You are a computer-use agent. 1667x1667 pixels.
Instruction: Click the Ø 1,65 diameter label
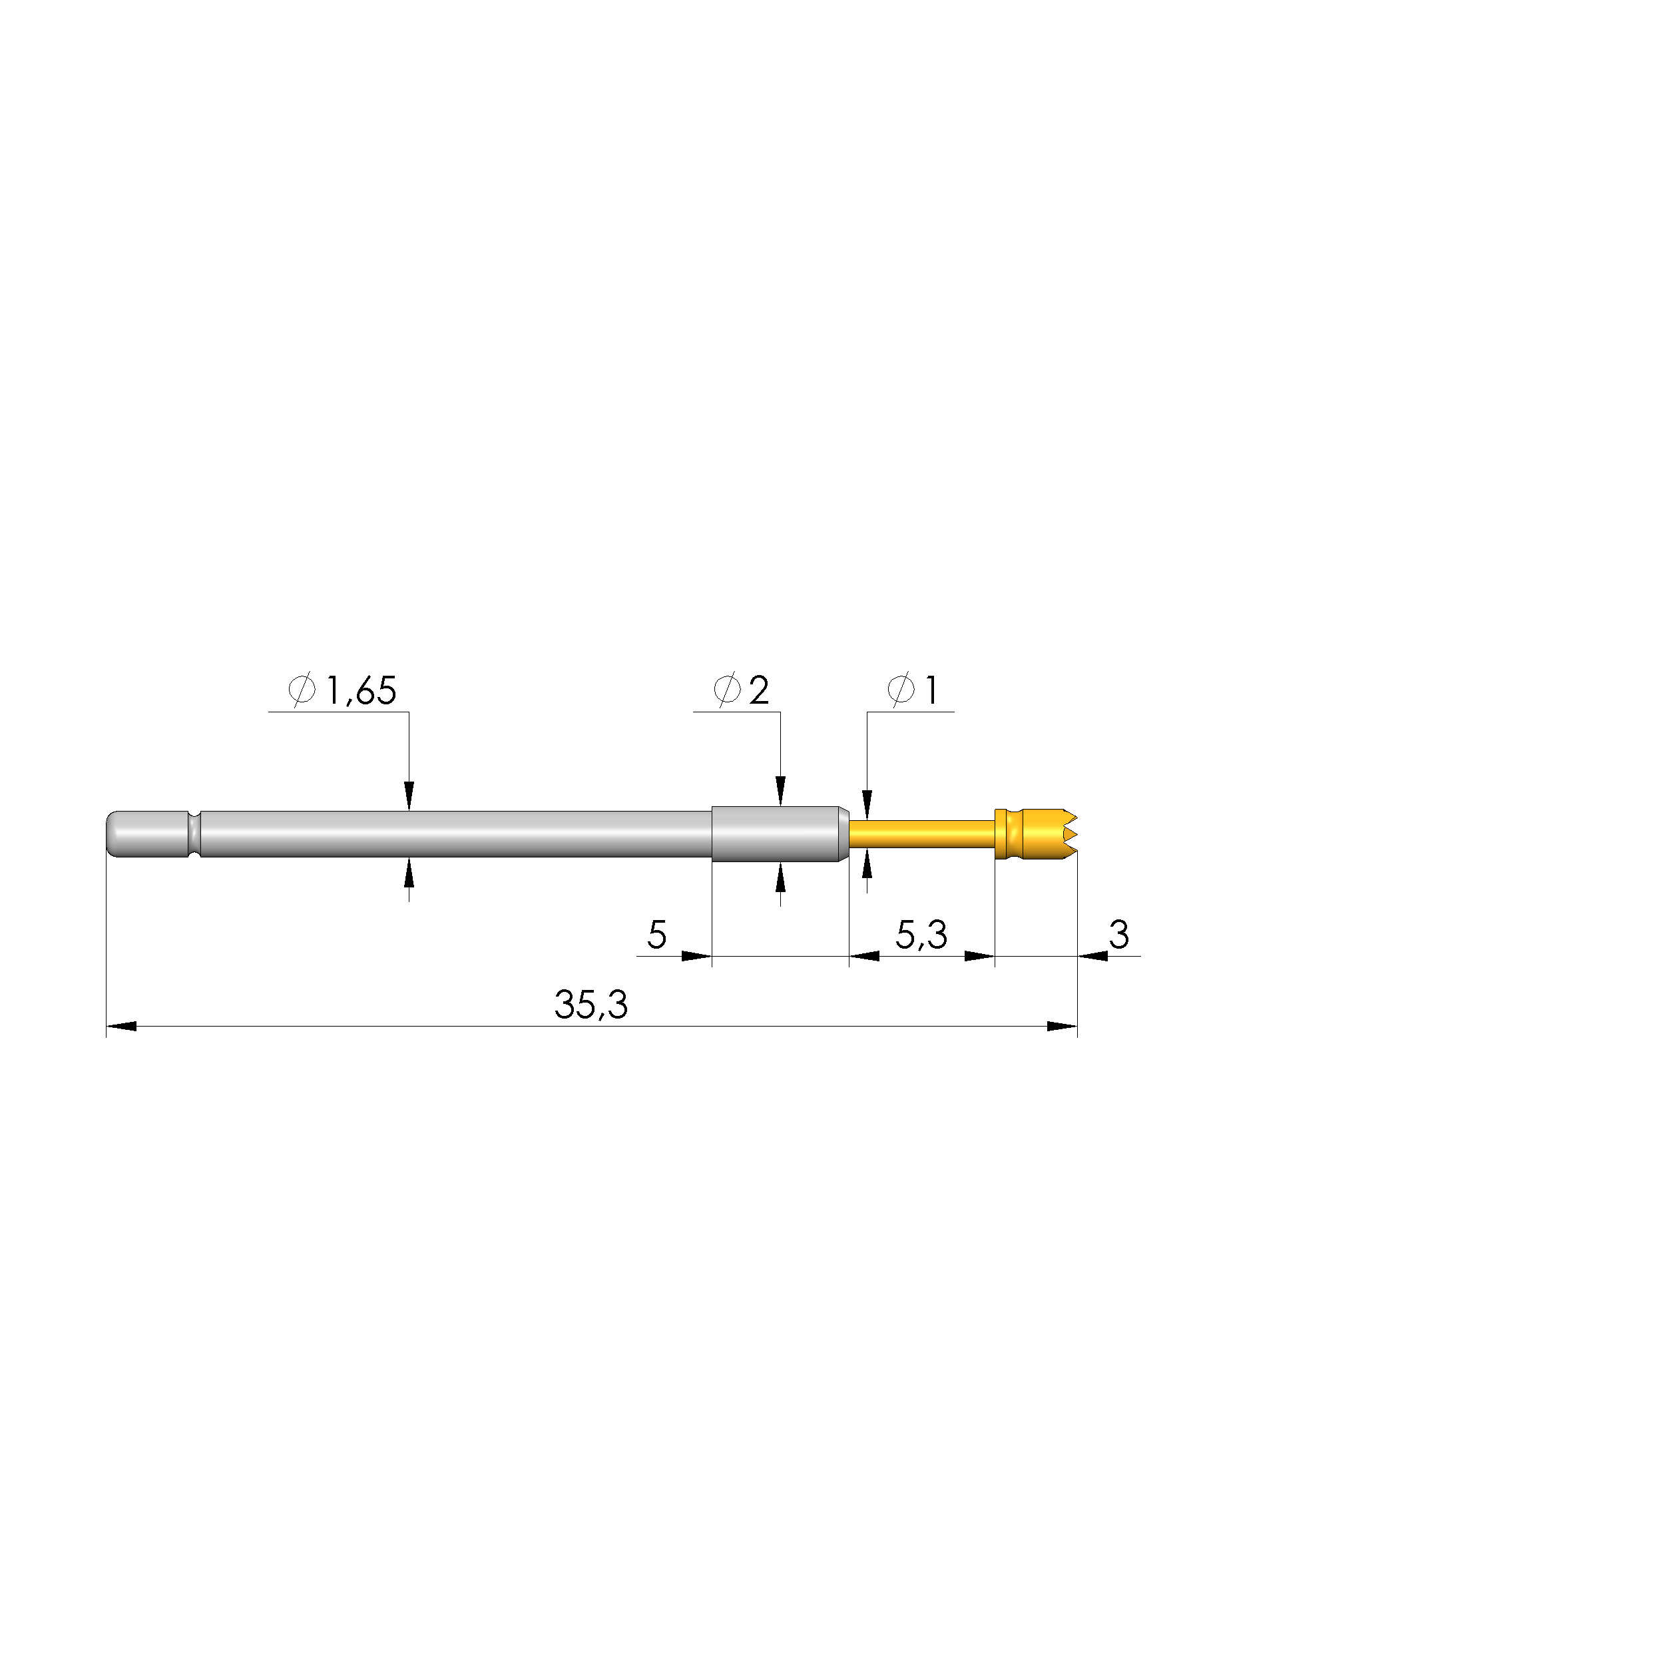343,691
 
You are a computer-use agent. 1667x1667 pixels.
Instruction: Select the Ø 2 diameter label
741,690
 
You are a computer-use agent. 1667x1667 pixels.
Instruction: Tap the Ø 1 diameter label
913,690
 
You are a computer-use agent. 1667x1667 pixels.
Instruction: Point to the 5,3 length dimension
921,935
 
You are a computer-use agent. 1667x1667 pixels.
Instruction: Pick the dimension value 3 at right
1119,935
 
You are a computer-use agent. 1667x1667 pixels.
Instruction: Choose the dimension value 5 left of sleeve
656,935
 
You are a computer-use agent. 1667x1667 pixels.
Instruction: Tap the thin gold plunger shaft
921,834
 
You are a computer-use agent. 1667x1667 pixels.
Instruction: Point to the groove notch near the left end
194,833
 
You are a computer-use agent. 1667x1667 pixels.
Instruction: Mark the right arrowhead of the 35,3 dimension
1062,1027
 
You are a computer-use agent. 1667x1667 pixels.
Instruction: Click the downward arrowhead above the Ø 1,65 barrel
409,796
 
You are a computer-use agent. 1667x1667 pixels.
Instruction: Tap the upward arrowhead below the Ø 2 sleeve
781,877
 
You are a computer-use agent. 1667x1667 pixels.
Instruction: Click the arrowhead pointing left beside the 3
1093,956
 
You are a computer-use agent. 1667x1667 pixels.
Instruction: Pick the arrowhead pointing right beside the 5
696,956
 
